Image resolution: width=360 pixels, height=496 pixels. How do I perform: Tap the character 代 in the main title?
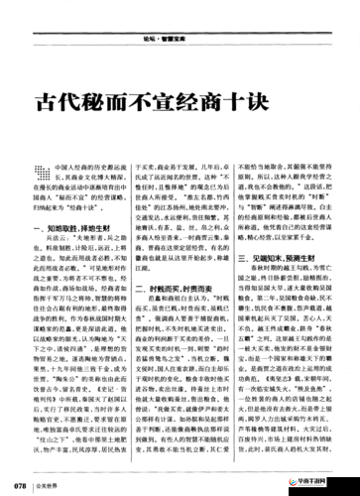[76, 103]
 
